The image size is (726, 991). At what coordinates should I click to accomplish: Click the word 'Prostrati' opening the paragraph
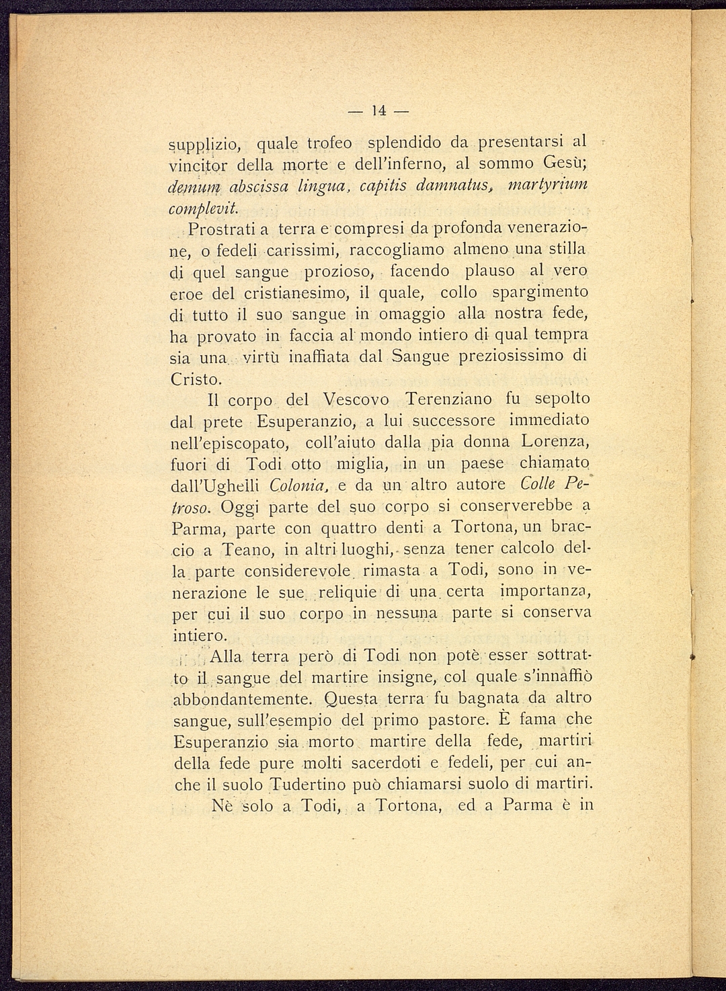(x=220, y=229)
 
